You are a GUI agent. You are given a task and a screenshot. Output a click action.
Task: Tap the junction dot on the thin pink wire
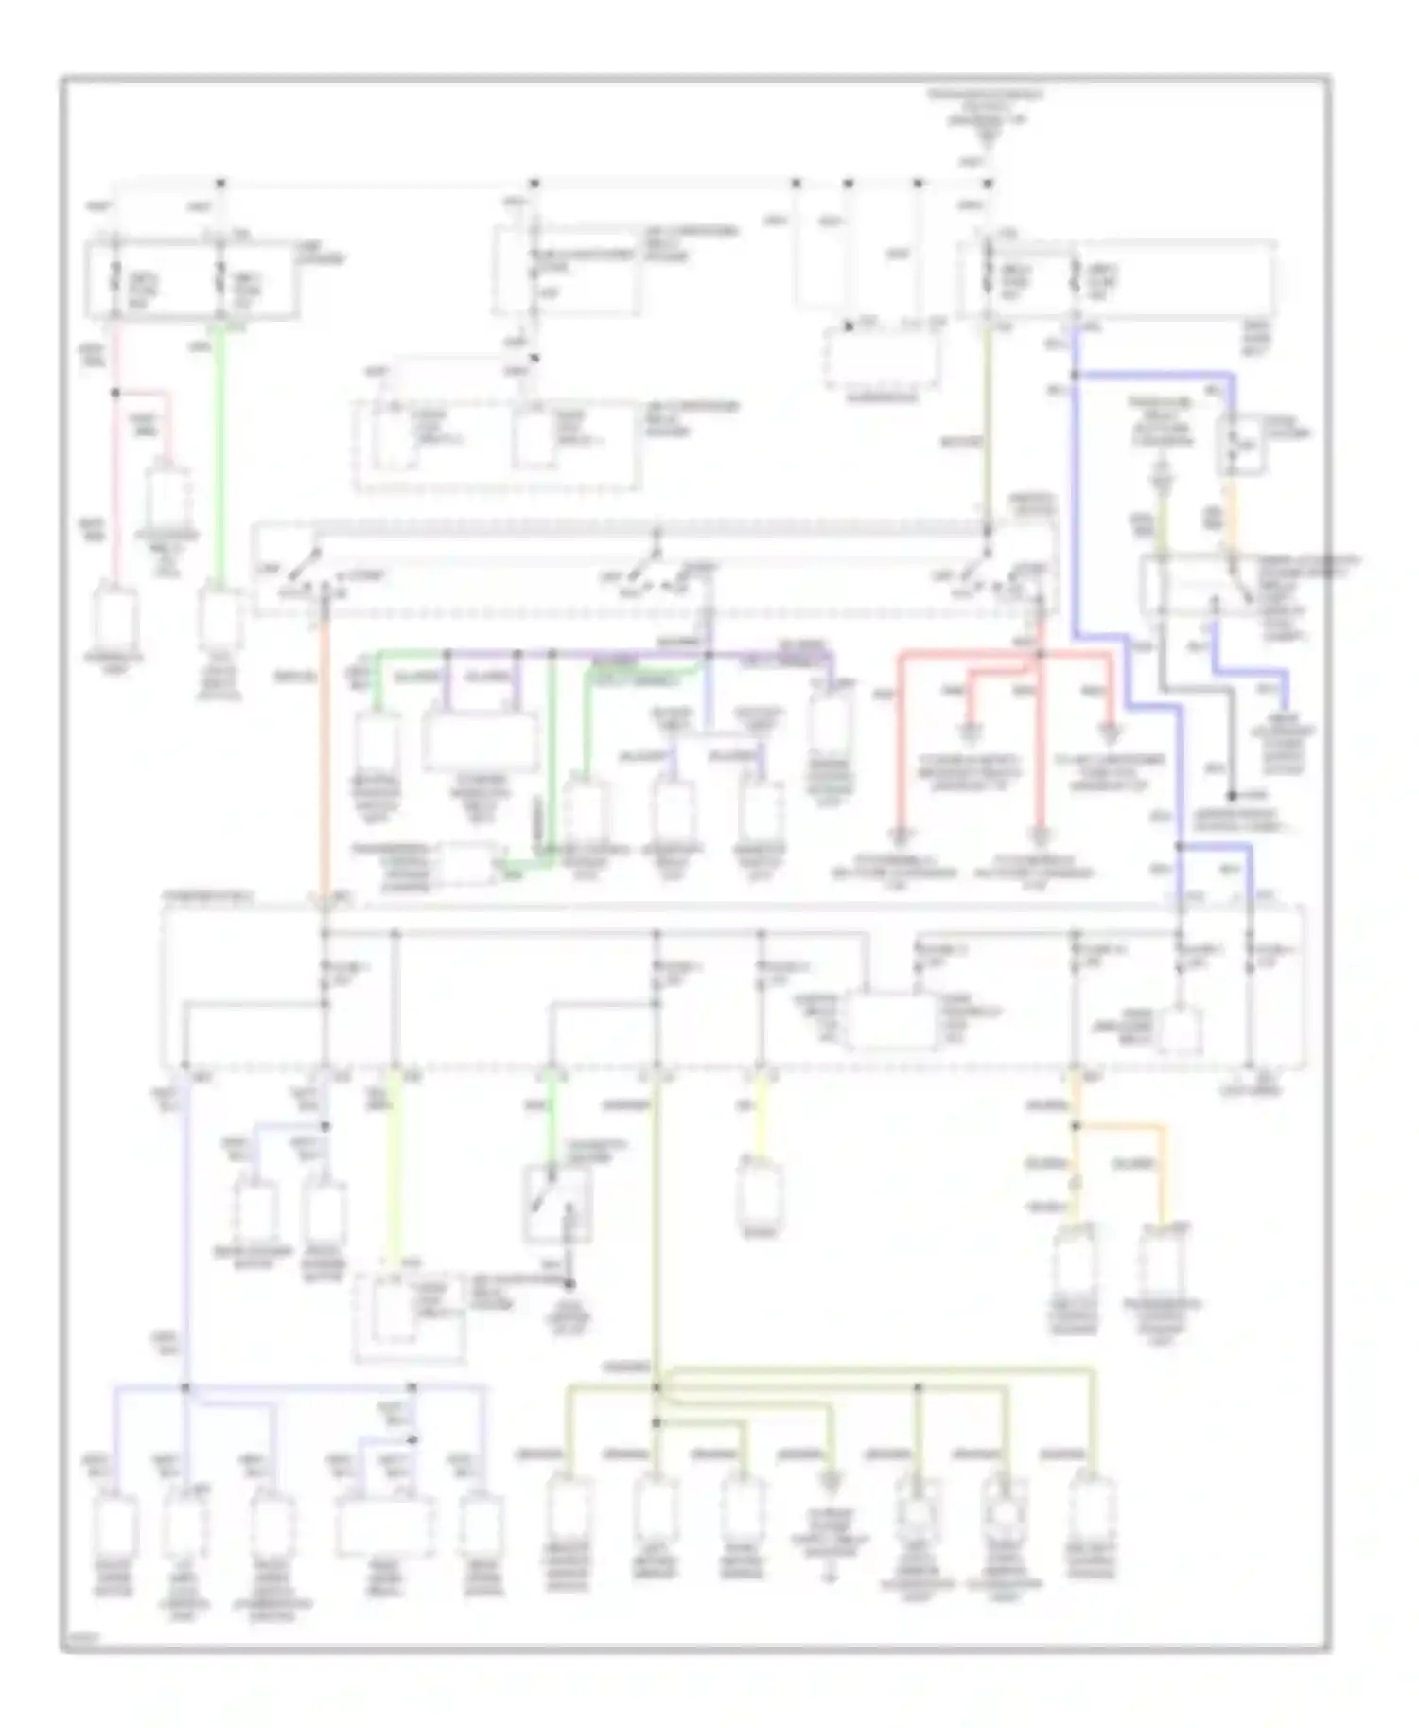pos(115,392)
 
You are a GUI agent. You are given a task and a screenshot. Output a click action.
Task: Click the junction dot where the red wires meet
pos(1039,654)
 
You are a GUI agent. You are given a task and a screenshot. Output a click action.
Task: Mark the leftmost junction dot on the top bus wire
pos(219,182)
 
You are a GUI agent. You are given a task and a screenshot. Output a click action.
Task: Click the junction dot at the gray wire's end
pos(1232,797)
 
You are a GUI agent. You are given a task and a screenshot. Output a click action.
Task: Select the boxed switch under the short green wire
pos(557,1204)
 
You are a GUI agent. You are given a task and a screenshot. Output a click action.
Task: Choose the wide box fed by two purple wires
pos(481,741)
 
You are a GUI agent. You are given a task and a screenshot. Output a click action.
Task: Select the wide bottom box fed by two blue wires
pos(385,1525)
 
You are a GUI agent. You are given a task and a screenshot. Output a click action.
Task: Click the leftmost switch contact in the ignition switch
pos(303,568)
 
